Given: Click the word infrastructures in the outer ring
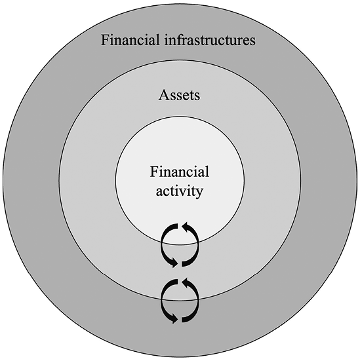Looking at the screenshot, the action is click(x=210, y=40).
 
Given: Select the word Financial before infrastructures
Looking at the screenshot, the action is click(x=130, y=40).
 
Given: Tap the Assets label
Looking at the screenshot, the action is click(x=179, y=95).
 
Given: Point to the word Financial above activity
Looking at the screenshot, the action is click(x=180, y=172).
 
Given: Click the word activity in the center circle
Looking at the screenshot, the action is click(x=180, y=191).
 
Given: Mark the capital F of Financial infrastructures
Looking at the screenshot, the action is click(x=105, y=40).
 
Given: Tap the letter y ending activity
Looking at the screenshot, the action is click(x=199, y=193).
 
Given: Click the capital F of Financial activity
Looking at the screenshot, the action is click(x=154, y=172).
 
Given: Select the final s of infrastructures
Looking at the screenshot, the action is click(x=252, y=42).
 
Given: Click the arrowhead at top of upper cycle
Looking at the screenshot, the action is click(x=186, y=226).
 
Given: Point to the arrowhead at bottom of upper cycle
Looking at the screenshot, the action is click(x=174, y=263).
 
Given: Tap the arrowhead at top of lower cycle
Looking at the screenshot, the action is click(x=186, y=282).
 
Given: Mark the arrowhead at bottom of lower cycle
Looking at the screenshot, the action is click(x=174, y=319).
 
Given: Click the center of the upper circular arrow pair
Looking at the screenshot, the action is click(x=180, y=245).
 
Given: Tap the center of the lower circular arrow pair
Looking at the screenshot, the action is click(x=180, y=301).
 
